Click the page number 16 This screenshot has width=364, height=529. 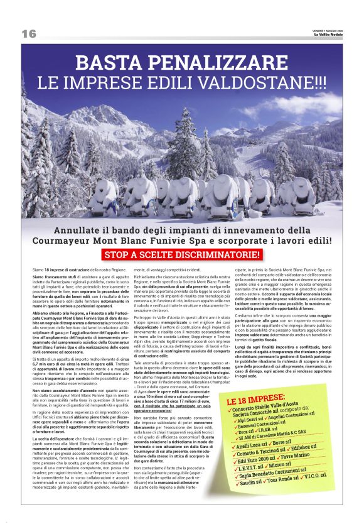29,33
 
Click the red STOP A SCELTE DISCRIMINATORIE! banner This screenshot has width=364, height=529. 181,254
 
